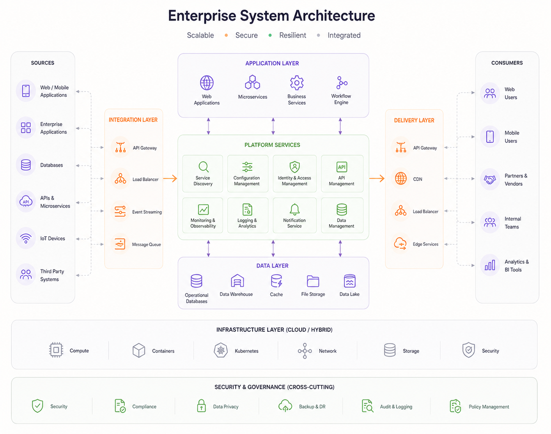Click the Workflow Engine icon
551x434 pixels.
click(x=342, y=82)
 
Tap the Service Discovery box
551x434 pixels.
click(x=202, y=174)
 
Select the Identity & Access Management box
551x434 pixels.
click(x=294, y=174)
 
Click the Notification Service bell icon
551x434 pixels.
click(x=294, y=209)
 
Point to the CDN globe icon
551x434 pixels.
click(x=401, y=179)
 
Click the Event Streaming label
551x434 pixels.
click(x=147, y=212)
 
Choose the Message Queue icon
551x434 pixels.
click(x=120, y=244)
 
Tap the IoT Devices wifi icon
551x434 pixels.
click(x=26, y=238)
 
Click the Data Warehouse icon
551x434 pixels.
click(x=237, y=281)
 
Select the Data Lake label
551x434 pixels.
click(x=349, y=294)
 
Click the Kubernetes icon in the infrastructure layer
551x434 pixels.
click(x=221, y=350)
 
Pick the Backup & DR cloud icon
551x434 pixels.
click(x=285, y=406)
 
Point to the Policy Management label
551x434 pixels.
click(x=489, y=407)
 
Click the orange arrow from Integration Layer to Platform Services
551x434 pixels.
click(x=170, y=178)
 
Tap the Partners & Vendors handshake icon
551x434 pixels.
click(x=490, y=179)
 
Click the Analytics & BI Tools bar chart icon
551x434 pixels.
click(x=490, y=265)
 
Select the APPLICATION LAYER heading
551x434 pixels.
click(x=272, y=63)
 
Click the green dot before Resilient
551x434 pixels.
click(x=270, y=35)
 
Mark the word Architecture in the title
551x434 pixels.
click(x=334, y=16)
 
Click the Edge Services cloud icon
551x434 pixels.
click(x=400, y=243)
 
